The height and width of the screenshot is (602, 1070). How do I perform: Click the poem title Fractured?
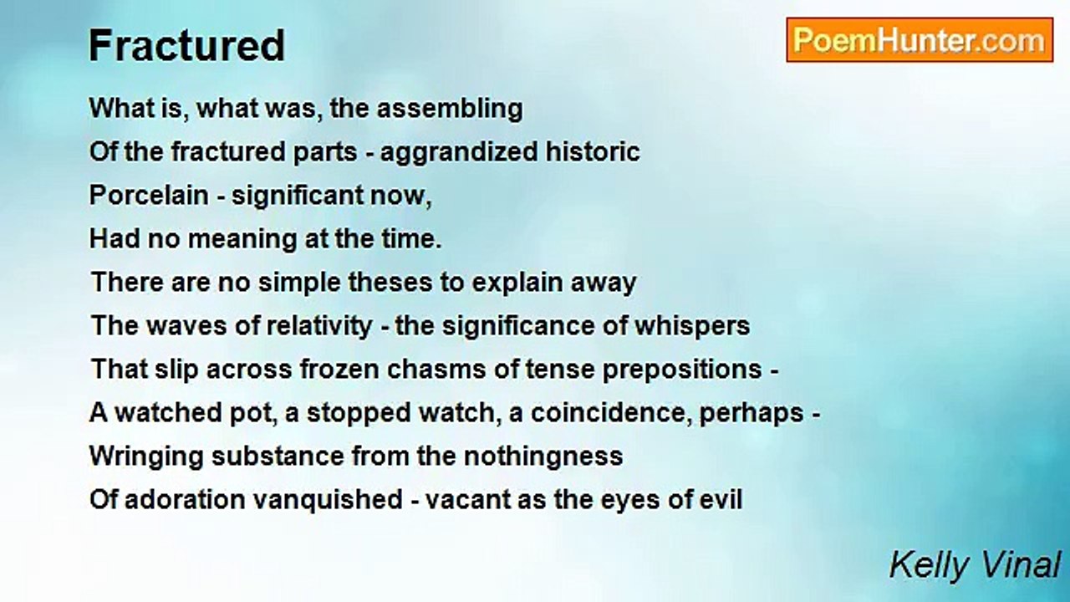pyautogui.click(x=186, y=45)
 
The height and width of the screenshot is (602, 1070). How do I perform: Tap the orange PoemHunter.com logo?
pyautogui.click(x=920, y=40)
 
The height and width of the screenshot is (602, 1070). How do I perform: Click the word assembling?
pyautogui.click(x=450, y=109)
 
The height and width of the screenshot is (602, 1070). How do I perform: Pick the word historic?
pyautogui.click(x=593, y=151)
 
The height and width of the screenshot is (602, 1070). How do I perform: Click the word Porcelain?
pyautogui.click(x=149, y=196)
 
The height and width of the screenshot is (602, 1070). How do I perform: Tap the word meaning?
pyautogui.click(x=242, y=239)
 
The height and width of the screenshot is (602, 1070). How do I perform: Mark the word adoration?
pyautogui.click(x=186, y=500)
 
